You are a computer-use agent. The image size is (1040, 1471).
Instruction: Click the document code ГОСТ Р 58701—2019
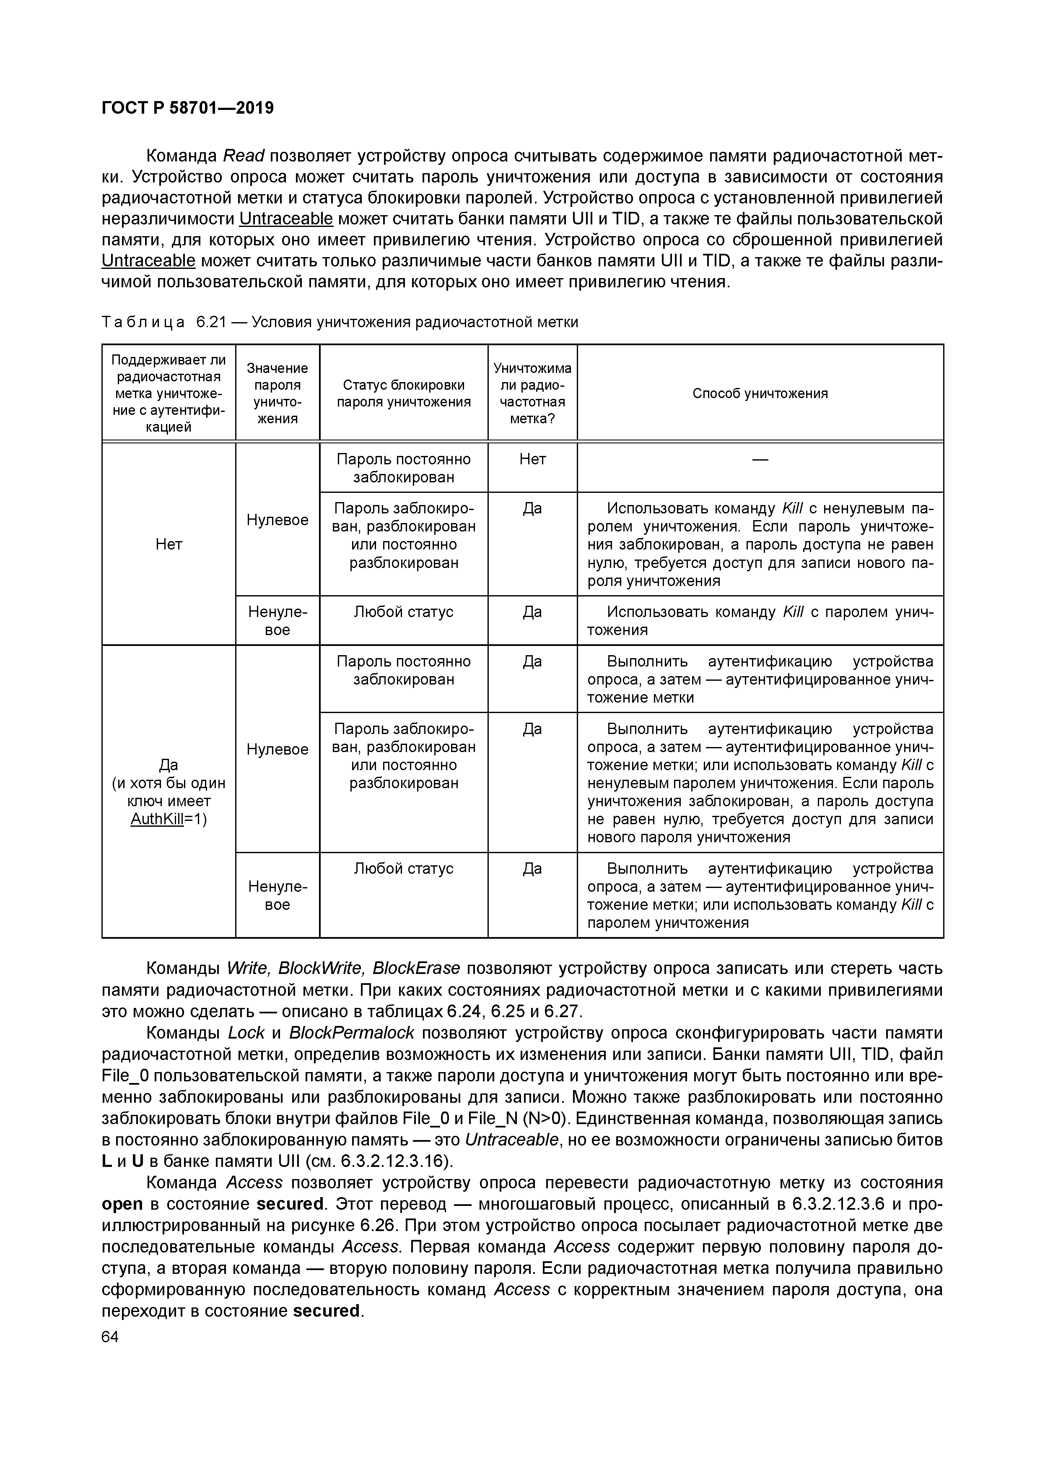click(x=188, y=108)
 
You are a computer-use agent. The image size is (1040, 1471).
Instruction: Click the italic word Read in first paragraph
click(x=244, y=156)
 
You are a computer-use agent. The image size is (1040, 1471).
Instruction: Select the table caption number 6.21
click(x=211, y=322)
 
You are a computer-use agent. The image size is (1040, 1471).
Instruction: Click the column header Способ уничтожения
click(x=760, y=393)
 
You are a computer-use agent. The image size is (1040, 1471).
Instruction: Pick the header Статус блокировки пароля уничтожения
click(x=403, y=393)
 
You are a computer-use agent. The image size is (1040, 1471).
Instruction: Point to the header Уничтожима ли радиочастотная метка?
click(x=532, y=393)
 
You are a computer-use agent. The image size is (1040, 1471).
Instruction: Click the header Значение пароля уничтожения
click(x=277, y=393)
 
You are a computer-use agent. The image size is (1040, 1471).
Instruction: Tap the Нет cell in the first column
click(x=169, y=544)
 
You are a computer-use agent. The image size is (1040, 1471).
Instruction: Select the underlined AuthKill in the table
click(x=157, y=820)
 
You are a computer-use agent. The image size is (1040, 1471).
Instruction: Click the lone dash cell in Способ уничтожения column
click(x=760, y=459)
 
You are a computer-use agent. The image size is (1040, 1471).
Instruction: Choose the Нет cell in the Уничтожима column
click(x=532, y=459)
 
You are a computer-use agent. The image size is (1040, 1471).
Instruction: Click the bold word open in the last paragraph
click(x=122, y=1204)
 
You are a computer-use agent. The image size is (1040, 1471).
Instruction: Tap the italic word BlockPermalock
click(x=352, y=1033)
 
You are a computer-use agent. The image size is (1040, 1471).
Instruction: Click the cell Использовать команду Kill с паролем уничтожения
click(x=760, y=620)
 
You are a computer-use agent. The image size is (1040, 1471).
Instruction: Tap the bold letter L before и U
click(x=107, y=1161)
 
